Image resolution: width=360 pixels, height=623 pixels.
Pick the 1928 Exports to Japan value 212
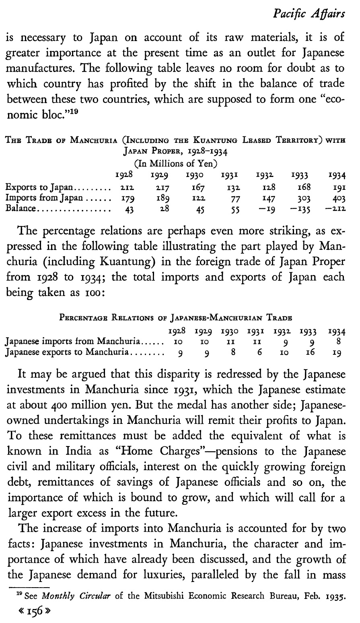click(x=121, y=187)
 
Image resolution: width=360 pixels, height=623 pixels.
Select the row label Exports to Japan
click(x=39, y=187)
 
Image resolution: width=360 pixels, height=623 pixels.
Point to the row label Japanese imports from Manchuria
click(x=72, y=342)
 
